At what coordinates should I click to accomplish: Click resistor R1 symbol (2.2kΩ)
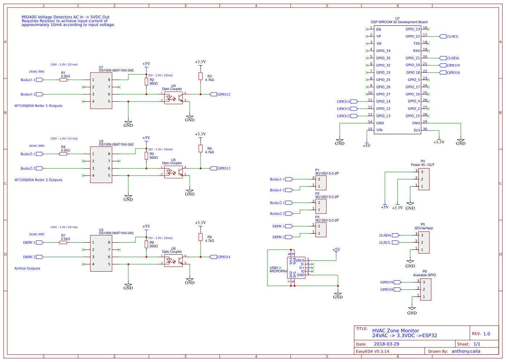point(63,80)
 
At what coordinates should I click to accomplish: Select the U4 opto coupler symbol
point(173,98)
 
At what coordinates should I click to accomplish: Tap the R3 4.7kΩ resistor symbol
point(200,76)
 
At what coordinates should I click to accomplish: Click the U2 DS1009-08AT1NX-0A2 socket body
point(101,165)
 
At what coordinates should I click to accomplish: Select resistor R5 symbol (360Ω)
point(146,156)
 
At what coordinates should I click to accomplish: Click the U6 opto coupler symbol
point(173,260)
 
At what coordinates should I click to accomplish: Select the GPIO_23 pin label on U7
point(412,29)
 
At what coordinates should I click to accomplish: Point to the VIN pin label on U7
point(379,130)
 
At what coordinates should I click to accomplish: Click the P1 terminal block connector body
point(321,183)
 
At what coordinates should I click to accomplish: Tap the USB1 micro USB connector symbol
point(296,268)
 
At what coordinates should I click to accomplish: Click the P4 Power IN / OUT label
point(423,165)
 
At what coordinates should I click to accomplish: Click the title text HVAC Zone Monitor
point(395,331)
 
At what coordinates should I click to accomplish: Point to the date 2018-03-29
point(386,344)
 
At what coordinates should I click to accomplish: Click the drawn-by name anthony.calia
point(466,351)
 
